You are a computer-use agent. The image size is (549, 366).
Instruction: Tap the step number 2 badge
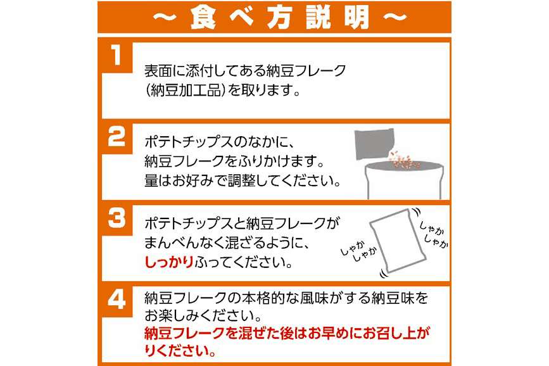pos(117,138)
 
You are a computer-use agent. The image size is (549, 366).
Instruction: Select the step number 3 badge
pos(117,219)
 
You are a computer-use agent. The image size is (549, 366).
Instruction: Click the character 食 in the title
pos(203,17)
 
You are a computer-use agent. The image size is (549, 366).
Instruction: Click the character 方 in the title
pos(280,17)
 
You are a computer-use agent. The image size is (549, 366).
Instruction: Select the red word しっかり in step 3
pos(169,262)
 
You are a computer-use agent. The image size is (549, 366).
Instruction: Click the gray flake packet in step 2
pos(374,144)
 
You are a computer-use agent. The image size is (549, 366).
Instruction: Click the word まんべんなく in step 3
pos(186,243)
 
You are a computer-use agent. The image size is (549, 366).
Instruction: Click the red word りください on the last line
pos(180,350)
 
